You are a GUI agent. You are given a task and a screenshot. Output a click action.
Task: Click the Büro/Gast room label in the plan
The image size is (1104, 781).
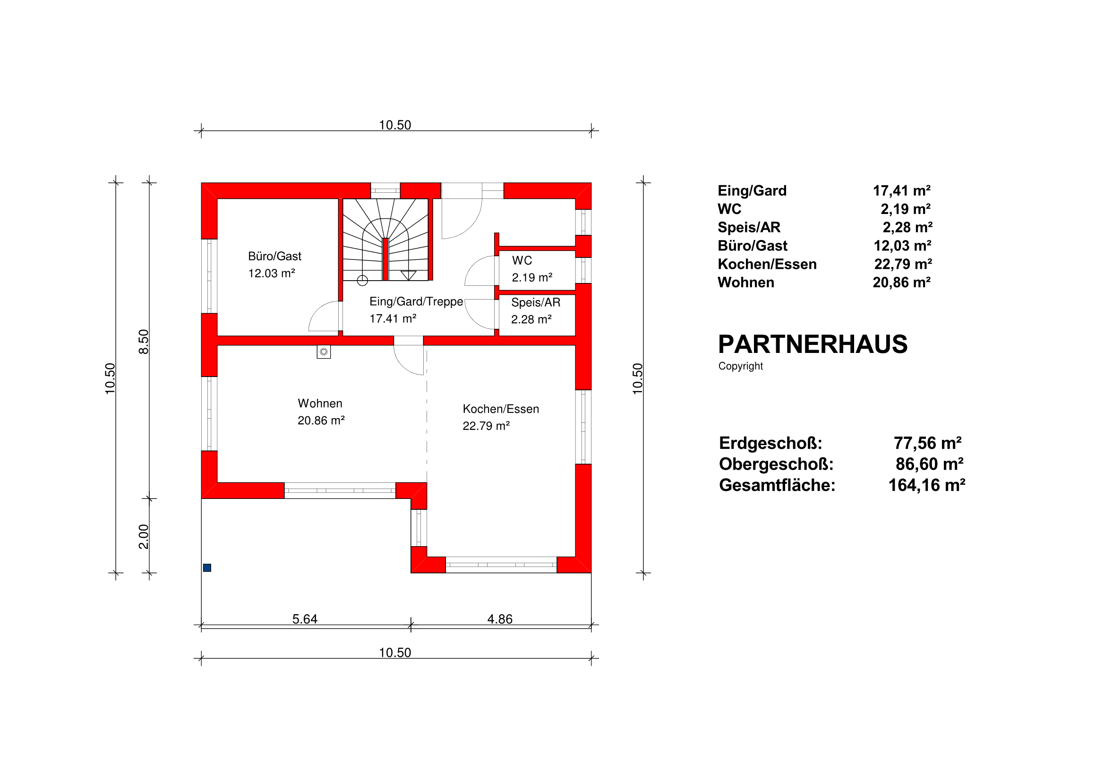click(274, 257)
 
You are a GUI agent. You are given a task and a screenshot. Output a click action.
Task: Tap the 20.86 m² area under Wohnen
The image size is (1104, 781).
click(321, 421)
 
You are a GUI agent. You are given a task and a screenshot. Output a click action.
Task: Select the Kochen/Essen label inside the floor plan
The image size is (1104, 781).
click(501, 409)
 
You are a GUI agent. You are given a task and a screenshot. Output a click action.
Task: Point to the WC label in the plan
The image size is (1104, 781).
click(522, 261)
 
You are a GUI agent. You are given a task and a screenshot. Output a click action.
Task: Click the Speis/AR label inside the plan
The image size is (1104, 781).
click(536, 302)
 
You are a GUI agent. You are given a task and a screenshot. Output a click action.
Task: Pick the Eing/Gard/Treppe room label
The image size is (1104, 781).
click(416, 301)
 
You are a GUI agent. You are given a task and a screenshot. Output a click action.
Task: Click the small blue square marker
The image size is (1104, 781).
click(207, 568)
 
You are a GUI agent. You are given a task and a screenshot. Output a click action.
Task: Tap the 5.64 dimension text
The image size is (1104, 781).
click(305, 619)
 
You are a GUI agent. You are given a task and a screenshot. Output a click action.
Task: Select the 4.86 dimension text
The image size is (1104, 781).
click(500, 619)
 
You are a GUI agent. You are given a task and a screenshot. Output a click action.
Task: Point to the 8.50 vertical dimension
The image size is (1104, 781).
click(144, 342)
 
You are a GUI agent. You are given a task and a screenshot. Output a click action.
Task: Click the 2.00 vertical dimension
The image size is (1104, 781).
click(144, 536)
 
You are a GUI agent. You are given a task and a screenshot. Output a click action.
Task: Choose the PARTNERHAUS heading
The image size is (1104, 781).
click(813, 344)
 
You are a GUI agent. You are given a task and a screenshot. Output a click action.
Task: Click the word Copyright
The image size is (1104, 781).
click(741, 366)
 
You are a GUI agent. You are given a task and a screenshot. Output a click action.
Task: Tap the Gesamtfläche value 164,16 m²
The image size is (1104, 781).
click(926, 485)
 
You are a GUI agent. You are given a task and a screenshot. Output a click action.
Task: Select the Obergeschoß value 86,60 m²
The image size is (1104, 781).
click(930, 464)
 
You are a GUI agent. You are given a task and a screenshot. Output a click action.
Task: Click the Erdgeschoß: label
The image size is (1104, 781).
click(770, 443)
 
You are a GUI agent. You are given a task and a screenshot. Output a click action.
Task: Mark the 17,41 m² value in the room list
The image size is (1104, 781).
click(901, 191)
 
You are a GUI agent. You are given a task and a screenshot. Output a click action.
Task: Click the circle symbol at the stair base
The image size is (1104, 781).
click(362, 280)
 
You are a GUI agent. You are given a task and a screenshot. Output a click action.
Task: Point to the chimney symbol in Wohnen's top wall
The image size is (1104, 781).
click(324, 352)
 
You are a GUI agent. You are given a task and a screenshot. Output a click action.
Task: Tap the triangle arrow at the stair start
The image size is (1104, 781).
click(408, 275)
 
